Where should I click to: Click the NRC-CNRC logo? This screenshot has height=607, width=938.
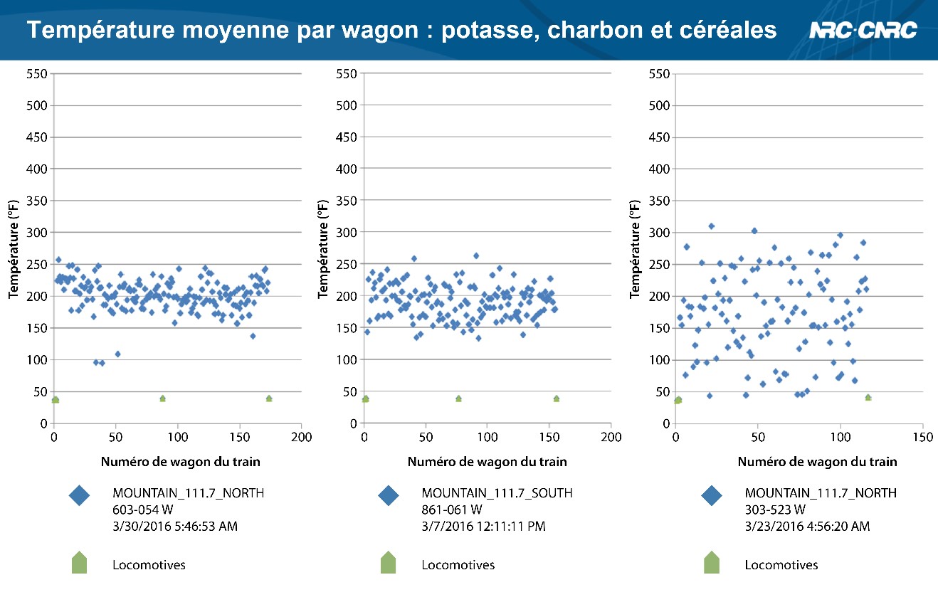(x=863, y=31)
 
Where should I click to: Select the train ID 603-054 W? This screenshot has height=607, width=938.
(x=143, y=510)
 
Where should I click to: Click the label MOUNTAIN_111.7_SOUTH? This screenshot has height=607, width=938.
(x=497, y=492)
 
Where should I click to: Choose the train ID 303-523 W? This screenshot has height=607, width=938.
(x=775, y=510)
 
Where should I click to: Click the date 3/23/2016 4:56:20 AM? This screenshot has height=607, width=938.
(x=807, y=527)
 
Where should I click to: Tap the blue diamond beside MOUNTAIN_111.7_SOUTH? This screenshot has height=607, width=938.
(x=389, y=496)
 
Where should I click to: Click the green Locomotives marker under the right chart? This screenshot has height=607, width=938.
(x=712, y=563)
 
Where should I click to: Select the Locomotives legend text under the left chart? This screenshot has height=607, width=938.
(x=149, y=565)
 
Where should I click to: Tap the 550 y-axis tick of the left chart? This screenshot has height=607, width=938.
(x=38, y=73)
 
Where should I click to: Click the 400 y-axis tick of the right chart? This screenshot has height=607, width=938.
(x=660, y=169)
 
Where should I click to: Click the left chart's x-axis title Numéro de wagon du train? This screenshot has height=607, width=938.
(x=180, y=462)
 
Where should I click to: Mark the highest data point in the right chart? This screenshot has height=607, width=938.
(x=711, y=226)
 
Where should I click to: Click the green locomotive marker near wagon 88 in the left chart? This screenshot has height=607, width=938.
(x=162, y=398)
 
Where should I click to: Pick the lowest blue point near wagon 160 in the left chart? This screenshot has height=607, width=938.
(x=252, y=336)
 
